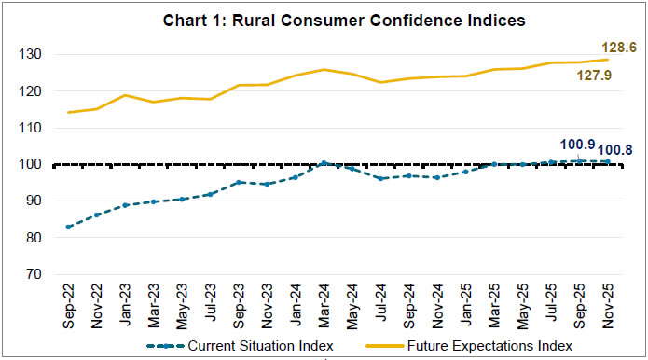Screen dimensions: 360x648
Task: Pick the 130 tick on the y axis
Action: [x=34, y=55]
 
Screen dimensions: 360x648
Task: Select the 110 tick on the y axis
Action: [x=34, y=128]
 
